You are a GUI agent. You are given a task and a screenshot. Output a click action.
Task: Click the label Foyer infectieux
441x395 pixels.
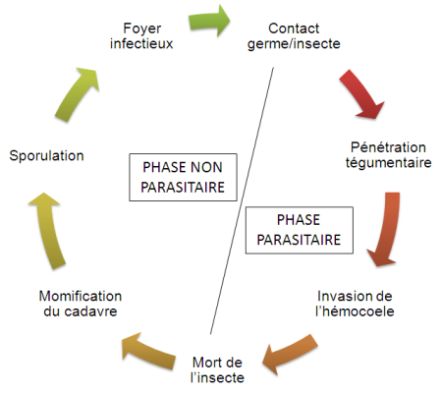point(141,36)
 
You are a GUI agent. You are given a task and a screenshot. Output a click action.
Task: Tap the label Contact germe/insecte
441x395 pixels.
point(294,36)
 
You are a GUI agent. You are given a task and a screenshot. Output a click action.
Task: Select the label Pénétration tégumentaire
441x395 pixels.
point(388,155)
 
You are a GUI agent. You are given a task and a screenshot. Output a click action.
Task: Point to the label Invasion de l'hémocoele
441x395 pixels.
point(355,304)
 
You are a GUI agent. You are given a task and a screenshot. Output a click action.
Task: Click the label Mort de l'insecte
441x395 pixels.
point(217,369)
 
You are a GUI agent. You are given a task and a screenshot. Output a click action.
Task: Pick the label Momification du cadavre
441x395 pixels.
point(81,304)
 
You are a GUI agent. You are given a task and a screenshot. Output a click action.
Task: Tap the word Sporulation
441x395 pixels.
point(46,155)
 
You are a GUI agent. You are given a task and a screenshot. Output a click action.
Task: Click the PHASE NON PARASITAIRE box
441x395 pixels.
point(183,177)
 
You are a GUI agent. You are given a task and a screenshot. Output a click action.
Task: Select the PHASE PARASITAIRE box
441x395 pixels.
point(300,230)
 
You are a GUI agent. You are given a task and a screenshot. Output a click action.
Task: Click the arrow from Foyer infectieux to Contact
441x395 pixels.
point(209,21)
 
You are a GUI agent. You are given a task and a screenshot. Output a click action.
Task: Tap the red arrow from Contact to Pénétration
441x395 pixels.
point(361,94)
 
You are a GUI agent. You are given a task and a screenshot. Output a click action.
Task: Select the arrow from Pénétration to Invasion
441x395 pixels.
point(386,229)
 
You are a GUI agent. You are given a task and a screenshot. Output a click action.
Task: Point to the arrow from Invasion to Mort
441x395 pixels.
point(289,354)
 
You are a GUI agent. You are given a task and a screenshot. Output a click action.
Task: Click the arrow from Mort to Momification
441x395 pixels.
point(148,351)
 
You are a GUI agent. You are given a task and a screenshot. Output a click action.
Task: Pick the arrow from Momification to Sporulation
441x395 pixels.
point(47,231)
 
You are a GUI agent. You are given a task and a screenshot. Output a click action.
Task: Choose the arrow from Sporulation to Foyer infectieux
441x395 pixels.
point(77,94)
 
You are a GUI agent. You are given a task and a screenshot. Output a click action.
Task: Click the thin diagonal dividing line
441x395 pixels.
point(242,200)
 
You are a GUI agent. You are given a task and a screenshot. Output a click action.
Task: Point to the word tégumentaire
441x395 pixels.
point(389,163)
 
